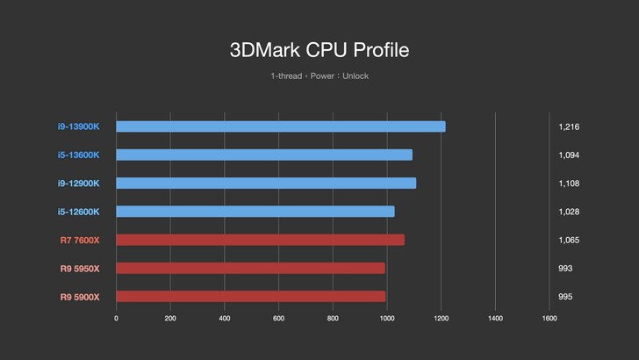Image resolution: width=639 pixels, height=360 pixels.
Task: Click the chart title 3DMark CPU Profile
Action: (x=319, y=50)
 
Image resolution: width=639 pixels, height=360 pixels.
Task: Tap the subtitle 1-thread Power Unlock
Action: (x=319, y=76)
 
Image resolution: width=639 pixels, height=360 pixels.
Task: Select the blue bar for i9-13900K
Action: (x=281, y=126)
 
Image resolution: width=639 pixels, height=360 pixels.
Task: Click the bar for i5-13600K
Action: (x=264, y=155)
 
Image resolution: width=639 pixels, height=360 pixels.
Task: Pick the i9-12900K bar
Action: (x=266, y=183)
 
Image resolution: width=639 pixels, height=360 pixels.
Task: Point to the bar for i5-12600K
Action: (x=255, y=212)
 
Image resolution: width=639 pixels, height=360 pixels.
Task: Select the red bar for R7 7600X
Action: (x=260, y=240)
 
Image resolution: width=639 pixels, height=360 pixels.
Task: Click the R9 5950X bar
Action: (x=250, y=268)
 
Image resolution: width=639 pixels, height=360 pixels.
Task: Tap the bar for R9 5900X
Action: (x=251, y=296)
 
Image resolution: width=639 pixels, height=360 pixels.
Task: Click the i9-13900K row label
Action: (x=80, y=126)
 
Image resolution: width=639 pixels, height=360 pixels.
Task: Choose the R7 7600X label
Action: (x=80, y=240)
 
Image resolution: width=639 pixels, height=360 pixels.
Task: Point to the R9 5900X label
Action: (x=80, y=296)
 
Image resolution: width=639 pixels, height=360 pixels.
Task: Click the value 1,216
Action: (x=569, y=126)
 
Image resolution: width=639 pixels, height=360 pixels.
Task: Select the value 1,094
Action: (x=569, y=155)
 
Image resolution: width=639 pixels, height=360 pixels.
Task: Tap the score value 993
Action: (x=565, y=268)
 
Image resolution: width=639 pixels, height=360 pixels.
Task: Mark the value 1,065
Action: (x=569, y=240)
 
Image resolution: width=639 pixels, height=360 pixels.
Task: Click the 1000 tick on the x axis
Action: (x=387, y=319)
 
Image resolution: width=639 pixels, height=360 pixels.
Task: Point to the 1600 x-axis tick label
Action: (x=549, y=319)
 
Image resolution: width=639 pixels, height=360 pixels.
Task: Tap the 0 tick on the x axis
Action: (x=117, y=319)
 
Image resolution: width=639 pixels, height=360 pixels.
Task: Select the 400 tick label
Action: (x=225, y=319)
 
